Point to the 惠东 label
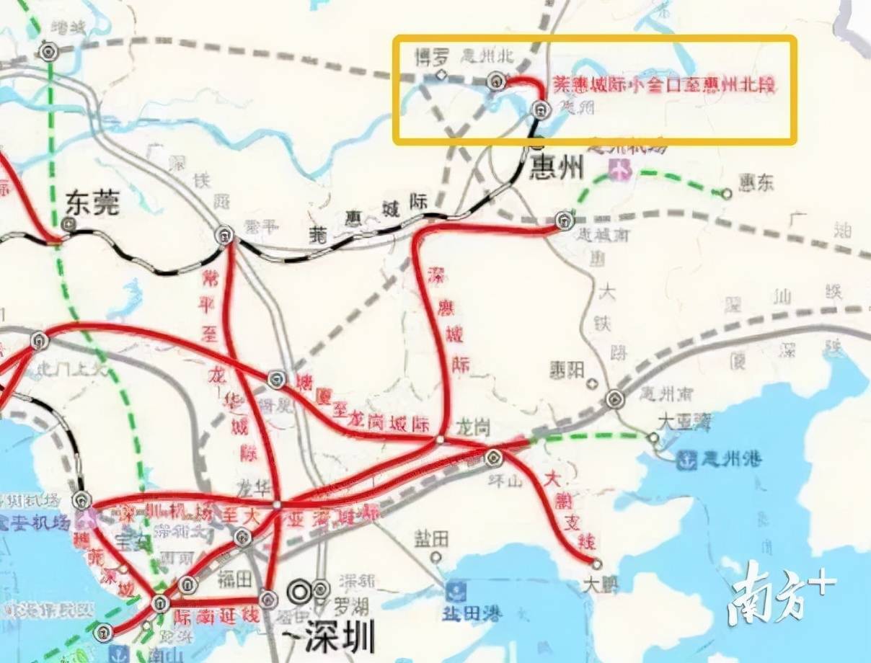coord(754,183)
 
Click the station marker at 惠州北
coord(495,81)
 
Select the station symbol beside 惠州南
coord(614,399)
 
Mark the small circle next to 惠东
coord(727,193)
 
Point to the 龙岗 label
coord(472,428)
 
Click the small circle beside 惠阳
coord(593,383)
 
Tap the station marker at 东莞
coord(68,224)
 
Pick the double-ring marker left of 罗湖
coord(299,592)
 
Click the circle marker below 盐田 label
coord(435,557)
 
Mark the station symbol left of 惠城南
coord(564,219)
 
